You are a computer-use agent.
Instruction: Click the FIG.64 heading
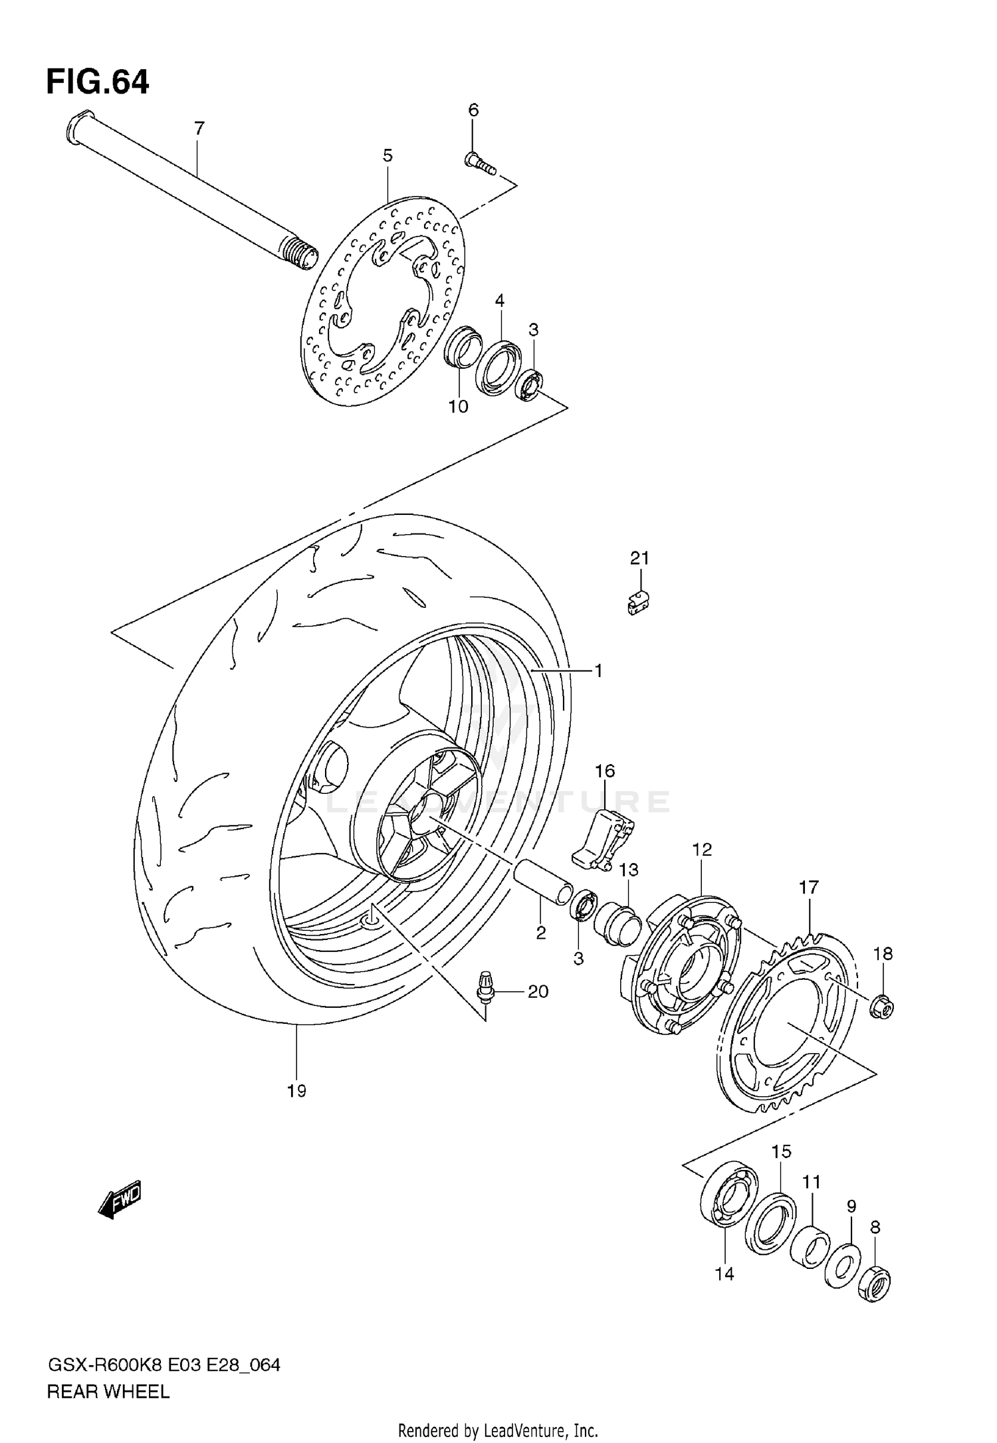coord(98,83)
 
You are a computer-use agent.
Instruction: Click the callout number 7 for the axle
coord(199,128)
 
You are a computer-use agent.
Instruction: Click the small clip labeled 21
coord(639,602)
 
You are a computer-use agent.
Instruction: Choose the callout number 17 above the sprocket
coord(809,887)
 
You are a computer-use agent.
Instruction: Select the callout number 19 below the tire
coord(296,1090)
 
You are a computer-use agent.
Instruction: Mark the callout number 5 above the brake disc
coord(388,155)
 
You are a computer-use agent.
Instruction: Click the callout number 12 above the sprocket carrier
coord(702,849)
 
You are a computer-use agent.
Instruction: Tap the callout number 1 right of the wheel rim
coord(598,671)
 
